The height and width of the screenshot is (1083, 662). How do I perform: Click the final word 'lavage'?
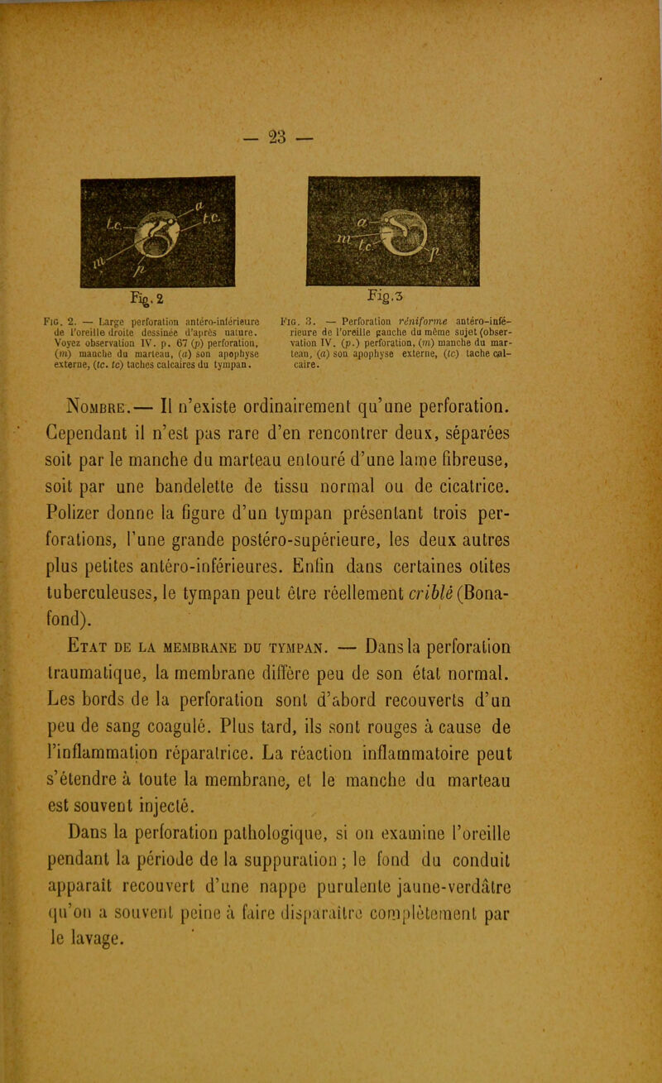181,961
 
